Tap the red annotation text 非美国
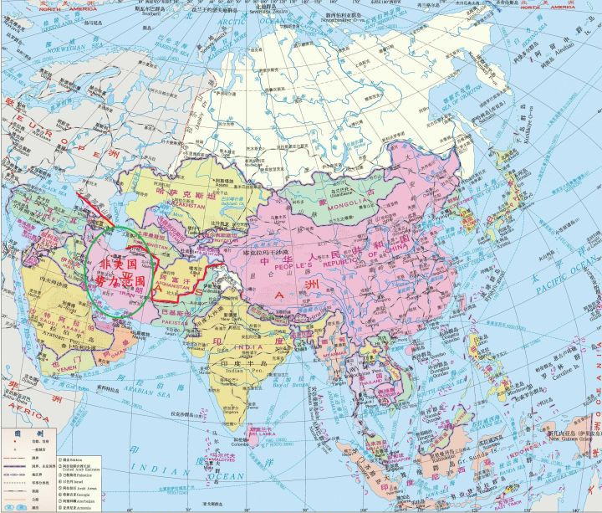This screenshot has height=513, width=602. pyautogui.click(x=116, y=263)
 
